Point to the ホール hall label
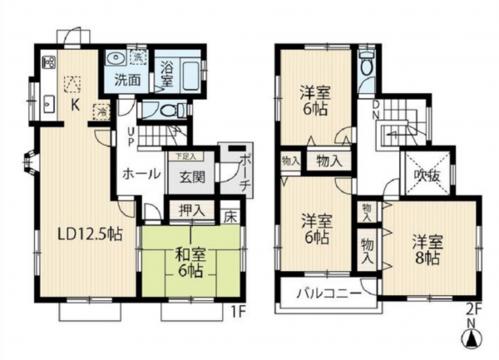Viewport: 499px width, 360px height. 136,175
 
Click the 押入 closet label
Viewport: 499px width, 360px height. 192,212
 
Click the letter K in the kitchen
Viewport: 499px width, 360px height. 74,105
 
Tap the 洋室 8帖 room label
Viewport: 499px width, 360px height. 428,247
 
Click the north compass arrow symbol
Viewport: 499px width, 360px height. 472,340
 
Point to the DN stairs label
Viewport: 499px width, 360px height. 376,110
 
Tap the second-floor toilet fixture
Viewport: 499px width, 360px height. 367,66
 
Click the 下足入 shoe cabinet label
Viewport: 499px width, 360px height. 185,155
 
